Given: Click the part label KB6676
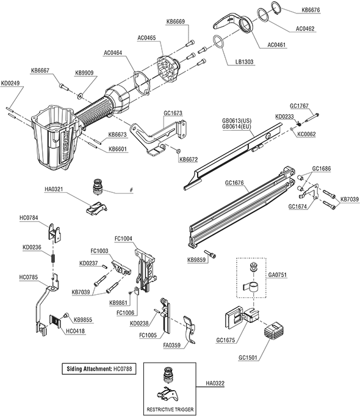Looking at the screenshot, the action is click(x=311, y=10).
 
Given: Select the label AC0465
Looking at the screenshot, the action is click(x=146, y=38).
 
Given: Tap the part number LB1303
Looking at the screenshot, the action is click(x=244, y=62).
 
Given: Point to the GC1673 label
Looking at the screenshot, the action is click(x=173, y=114).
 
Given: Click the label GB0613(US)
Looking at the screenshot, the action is click(x=237, y=121).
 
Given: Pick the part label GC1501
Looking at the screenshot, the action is click(x=248, y=357).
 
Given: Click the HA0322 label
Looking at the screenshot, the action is click(x=215, y=383).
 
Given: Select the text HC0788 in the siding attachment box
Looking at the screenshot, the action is click(x=123, y=369).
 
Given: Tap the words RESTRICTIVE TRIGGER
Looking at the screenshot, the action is click(x=170, y=410).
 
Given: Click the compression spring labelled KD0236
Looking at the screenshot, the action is click(x=53, y=258).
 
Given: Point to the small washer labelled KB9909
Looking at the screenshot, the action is click(x=80, y=95).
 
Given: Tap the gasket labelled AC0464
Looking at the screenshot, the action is click(x=142, y=82).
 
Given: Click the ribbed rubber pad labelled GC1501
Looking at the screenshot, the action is click(x=274, y=330).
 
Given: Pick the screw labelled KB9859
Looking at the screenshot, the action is click(x=210, y=254).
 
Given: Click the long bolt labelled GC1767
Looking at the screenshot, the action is click(x=311, y=118).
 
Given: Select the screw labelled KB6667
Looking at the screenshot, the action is click(x=63, y=87).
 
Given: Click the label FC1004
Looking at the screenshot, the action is click(x=123, y=239).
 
